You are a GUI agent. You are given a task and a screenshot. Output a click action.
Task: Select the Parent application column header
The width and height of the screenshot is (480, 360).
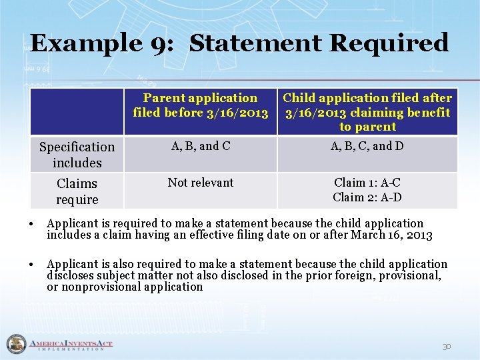201,105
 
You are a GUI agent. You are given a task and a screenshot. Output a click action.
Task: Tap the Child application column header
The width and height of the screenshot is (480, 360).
367,112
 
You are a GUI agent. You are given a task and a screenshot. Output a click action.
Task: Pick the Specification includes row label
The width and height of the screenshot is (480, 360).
77,155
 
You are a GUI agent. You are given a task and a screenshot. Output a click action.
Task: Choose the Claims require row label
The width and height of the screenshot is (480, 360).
77,191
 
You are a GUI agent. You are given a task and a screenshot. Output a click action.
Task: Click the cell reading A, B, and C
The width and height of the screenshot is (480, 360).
201,146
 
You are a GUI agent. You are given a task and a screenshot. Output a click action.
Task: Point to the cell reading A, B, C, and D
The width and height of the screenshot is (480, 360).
367,146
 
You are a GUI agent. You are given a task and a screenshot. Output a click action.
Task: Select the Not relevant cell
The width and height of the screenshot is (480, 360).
201,183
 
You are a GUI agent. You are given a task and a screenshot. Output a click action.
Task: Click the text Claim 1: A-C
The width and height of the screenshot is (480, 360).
367,183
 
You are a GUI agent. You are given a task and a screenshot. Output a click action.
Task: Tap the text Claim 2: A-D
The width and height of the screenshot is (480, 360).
367,197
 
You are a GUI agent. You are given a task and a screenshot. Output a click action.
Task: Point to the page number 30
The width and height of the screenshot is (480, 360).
446,347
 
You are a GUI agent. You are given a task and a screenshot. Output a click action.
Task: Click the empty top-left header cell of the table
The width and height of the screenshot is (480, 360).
77,112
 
